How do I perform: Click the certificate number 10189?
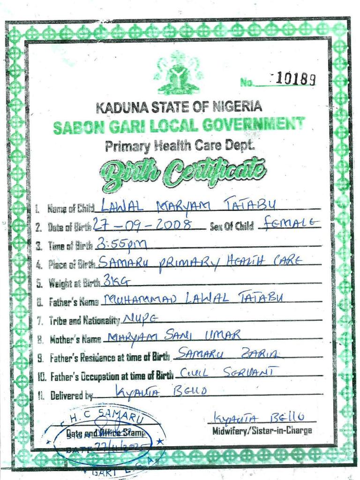[295, 80]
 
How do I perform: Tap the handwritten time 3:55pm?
[121, 244]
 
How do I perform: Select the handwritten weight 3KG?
[112, 281]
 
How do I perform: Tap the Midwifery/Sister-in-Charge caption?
[262, 430]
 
